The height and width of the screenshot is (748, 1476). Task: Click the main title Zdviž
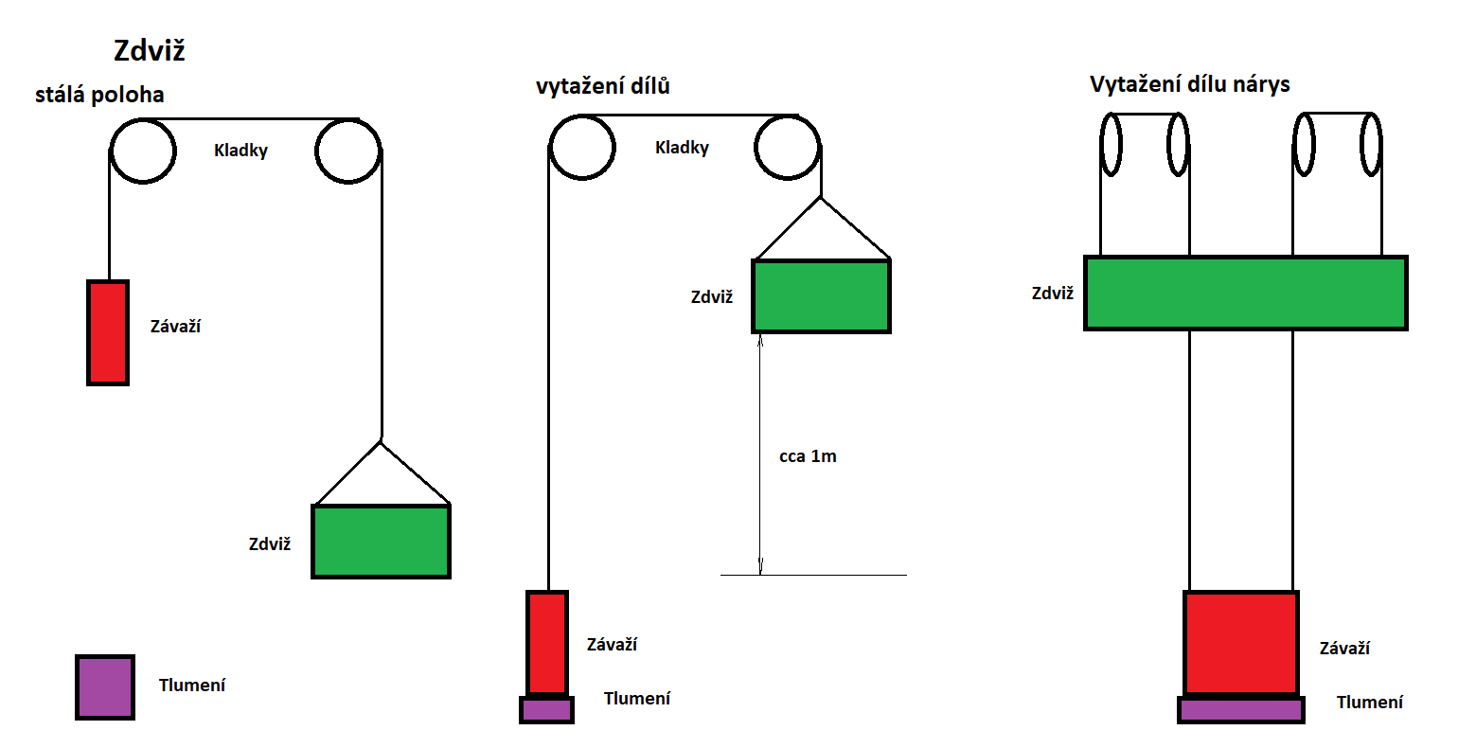149,50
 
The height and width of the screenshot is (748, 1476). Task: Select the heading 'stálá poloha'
99,95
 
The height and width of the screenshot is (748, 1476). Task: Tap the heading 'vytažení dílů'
603,86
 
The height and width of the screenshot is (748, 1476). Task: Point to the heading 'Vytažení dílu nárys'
1189,84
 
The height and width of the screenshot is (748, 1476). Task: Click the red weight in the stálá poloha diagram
108,332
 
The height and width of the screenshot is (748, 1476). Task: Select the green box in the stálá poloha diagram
381,542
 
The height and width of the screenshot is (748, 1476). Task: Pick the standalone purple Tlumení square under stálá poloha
104,686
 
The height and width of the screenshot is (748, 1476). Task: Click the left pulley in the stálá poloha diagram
143,151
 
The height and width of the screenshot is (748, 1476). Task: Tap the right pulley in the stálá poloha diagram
348,151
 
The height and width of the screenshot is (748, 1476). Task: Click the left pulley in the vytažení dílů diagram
582,148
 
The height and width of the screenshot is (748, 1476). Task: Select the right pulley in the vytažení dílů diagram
788,148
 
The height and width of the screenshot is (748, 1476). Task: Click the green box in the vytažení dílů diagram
821,296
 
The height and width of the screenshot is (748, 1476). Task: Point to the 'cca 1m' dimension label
808,456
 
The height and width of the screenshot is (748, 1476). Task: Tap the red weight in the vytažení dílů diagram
546,644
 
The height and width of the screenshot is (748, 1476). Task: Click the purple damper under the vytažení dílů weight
546,709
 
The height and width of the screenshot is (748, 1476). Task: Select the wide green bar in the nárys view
1245,293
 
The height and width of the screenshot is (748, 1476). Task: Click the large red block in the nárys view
1240,644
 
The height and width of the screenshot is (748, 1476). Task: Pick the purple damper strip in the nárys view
1240,709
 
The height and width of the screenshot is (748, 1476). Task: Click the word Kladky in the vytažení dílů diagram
682,148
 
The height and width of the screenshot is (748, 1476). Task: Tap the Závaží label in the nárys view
1344,649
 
